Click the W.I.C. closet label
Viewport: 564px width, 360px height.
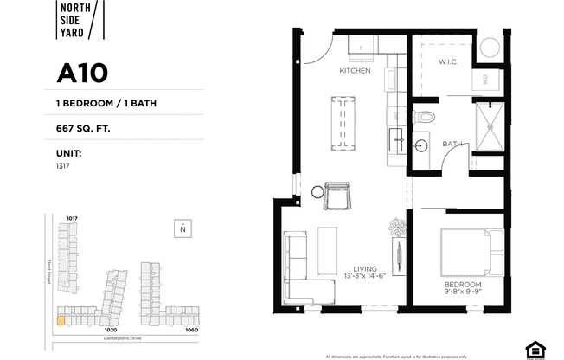click(x=447, y=61)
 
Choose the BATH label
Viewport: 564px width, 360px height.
click(x=452, y=144)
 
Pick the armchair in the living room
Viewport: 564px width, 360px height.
click(x=336, y=196)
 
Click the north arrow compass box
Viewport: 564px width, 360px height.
click(x=183, y=228)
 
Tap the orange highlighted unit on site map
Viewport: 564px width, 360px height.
click(x=61, y=318)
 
